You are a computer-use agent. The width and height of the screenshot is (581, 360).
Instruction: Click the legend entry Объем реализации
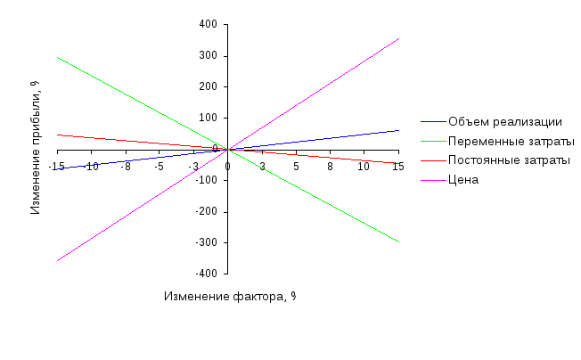point(504,122)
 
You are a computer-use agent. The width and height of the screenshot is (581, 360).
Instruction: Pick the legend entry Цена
point(464,180)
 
